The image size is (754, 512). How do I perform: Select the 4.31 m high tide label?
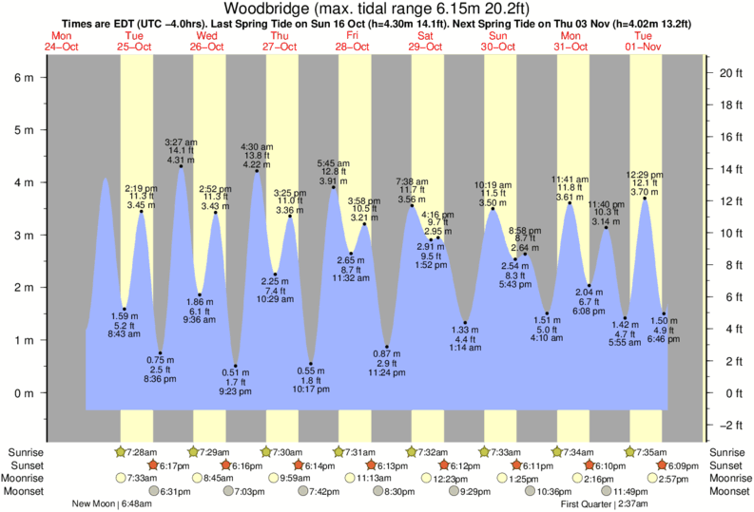click(181, 161)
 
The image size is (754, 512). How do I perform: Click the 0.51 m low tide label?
click(236, 371)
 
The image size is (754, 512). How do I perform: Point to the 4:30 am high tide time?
click(257, 145)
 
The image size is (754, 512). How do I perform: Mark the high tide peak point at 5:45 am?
click(334, 187)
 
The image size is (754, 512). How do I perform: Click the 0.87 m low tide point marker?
click(388, 347)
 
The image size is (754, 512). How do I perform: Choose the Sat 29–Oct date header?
click(425, 42)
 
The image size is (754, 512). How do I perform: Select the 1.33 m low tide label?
click(465, 329)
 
